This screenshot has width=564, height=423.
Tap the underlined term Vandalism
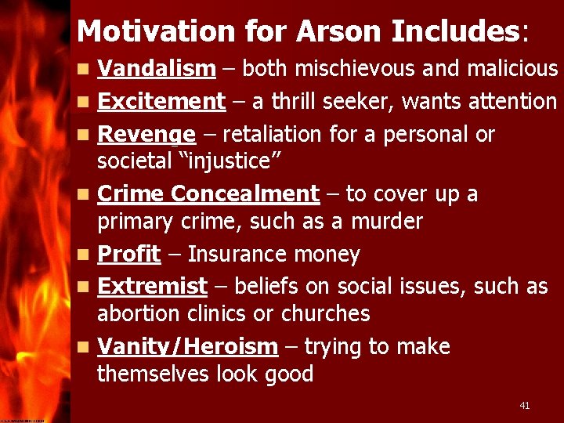pyautogui.click(x=156, y=69)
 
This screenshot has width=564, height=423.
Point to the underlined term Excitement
pyautogui.click(x=161, y=101)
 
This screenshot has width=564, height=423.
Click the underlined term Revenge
pyautogui.click(x=146, y=135)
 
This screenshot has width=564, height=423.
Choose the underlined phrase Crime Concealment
pyautogui.click(x=208, y=193)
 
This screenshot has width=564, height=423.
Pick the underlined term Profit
pyautogui.click(x=128, y=254)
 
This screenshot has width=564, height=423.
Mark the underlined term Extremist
pyautogui.click(x=152, y=287)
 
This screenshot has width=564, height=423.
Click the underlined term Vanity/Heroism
pyautogui.click(x=187, y=346)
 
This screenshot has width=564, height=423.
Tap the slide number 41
pyautogui.click(x=525, y=405)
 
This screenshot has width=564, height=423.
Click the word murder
pyautogui.click(x=385, y=222)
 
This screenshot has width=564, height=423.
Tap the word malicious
pyautogui.click(x=512, y=69)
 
